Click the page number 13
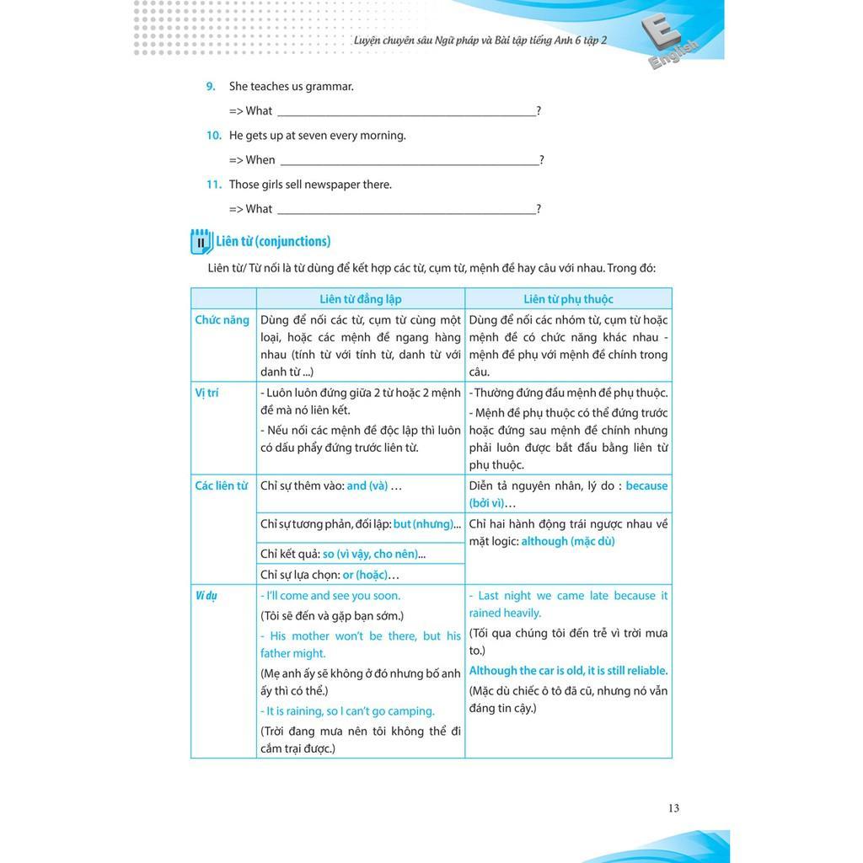tap(673, 808)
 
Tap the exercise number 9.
tap(211, 86)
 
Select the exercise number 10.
tap(213, 135)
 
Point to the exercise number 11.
tap(213, 185)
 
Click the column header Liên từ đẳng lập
tap(361, 299)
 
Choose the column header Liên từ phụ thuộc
tap(568, 299)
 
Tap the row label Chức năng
tap(222, 320)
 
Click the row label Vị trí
tap(206, 393)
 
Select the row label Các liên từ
tap(222, 485)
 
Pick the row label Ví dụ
tap(206, 596)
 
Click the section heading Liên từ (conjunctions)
tap(273, 241)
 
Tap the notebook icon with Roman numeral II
tap(201, 242)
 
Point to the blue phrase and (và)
tap(367, 485)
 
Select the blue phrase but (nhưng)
tap(423, 524)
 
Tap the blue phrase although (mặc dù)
tap(568, 541)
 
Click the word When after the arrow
tap(260, 160)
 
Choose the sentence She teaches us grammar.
tap(292, 86)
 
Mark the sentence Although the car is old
tap(568, 671)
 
